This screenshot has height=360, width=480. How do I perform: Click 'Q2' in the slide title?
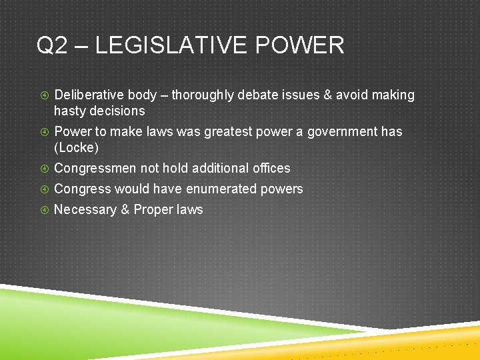pos(53,45)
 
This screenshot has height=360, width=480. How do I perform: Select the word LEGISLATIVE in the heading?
pos(172,45)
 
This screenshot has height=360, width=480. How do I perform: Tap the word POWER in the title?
pos(299,45)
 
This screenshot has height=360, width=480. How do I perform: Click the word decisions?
pos(117,111)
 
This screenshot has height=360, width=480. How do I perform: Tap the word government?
pos(343,131)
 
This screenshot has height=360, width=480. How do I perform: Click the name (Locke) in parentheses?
pos(76,147)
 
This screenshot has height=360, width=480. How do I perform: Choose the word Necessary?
pos(85,209)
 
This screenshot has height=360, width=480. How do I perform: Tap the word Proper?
pos(151,209)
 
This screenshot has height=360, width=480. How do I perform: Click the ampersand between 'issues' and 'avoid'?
pos(327,95)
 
